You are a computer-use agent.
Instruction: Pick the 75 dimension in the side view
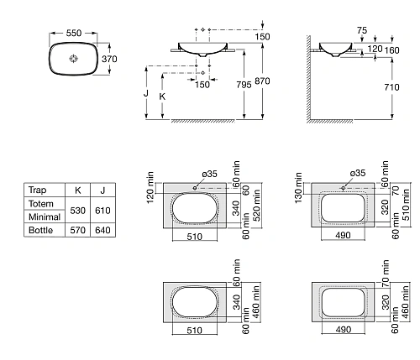click(x=361, y=29)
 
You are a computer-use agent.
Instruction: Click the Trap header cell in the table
click(x=39, y=190)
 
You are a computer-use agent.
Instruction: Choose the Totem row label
click(x=42, y=203)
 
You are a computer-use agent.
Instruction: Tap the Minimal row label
click(x=45, y=216)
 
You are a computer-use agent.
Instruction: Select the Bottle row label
click(x=41, y=229)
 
